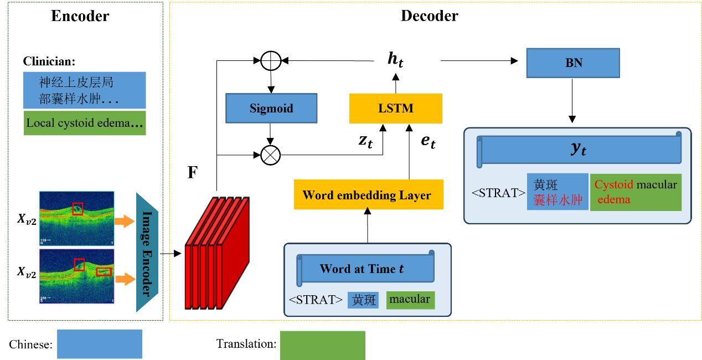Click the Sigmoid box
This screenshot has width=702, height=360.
tap(271, 108)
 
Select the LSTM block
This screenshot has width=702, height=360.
tap(396, 108)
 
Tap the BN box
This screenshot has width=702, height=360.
tap(573, 63)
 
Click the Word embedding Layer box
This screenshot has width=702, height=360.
tap(369, 195)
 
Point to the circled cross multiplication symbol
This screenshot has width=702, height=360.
tap(271, 156)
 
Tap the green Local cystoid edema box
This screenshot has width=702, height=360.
tap(85, 124)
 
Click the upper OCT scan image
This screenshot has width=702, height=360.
tap(76, 218)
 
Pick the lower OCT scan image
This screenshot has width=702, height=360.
tap(76, 275)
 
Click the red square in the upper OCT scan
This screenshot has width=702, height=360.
tap(78, 209)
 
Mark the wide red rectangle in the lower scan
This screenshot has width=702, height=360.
tap(104, 271)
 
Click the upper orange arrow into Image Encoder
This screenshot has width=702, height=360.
tap(125, 222)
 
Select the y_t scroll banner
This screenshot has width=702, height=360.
tap(579, 149)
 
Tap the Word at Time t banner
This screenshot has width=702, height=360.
tap(365, 269)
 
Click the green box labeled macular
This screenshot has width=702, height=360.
tap(410, 300)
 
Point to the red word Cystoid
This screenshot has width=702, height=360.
tap(613, 185)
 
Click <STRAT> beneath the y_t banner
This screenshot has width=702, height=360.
tap(498, 193)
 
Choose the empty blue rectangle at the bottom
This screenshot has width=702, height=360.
tap(100, 344)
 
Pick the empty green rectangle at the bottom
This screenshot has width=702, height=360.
tap(322, 345)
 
